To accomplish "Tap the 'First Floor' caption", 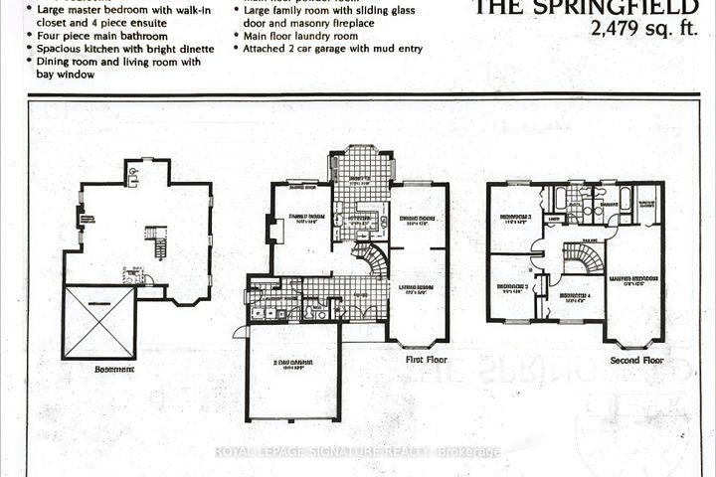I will point(428,362).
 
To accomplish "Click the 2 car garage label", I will point(291,364).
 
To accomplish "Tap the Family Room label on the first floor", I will point(308,218).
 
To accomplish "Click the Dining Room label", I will point(419,220).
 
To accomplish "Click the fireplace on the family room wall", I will point(275,231).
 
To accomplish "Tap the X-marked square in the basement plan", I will point(98,323).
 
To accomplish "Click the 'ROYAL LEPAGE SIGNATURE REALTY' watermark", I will point(358,452).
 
